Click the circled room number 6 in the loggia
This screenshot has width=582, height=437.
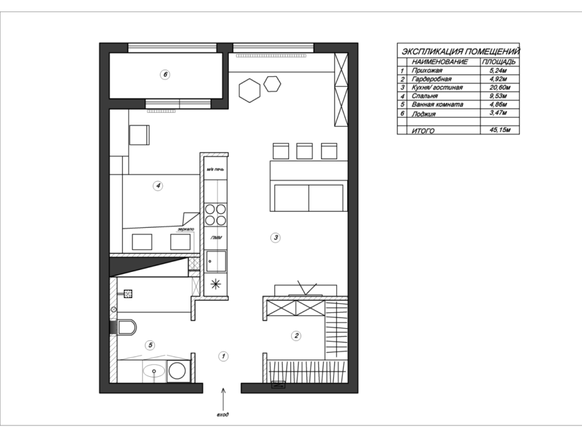(x=165, y=75)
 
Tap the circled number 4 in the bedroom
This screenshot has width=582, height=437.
(x=158, y=186)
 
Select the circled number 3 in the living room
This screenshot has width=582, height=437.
(x=276, y=237)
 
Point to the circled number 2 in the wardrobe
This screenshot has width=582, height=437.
(x=296, y=336)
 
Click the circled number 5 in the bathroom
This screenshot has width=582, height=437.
(x=150, y=346)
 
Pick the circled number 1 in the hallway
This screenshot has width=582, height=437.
(x=223, y=356)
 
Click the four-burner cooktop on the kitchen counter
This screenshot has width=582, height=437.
(x=216, y=214)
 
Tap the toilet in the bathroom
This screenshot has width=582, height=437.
(x=127, y=328)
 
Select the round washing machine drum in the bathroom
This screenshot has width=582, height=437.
(x=177, y=370)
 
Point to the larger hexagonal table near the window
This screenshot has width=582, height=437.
(x=249, y=90)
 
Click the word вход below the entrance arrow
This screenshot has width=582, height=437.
(x=223, y=415)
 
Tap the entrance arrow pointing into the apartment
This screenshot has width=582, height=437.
(x=223, y=398)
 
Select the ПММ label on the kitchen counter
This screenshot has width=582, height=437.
(x=216, y=238)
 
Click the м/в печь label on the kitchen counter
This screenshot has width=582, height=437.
(x=216, y=170)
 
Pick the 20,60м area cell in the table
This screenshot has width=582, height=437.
(x=500, y=88)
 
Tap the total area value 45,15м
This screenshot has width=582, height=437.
(x=500, y=130)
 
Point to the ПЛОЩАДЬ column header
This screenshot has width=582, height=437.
(x=498, y=61)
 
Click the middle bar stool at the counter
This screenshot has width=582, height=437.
(x=304, y=151)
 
